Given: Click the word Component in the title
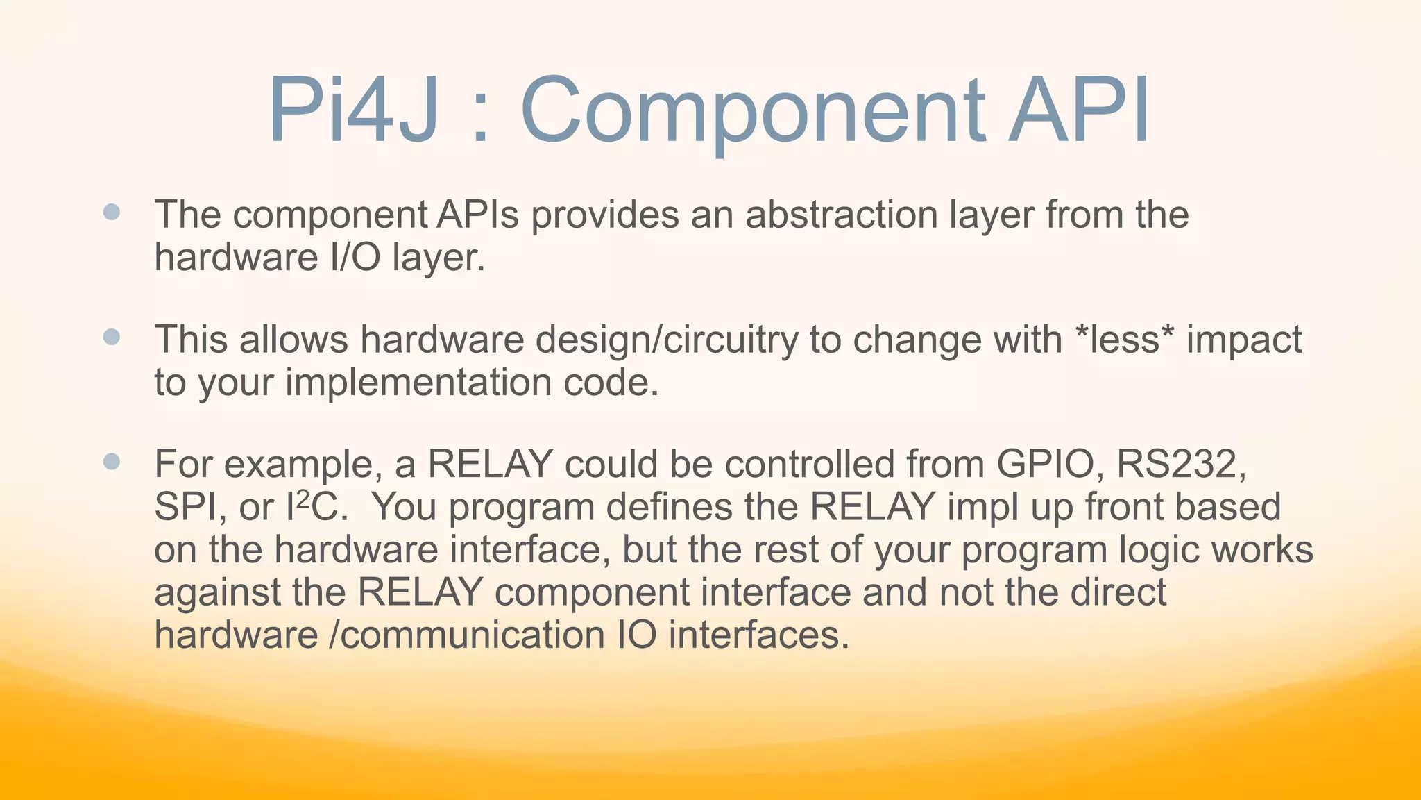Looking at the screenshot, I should coord(752,111).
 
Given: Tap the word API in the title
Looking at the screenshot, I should coord(1080,111).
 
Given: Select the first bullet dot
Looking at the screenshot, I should coord(112,212).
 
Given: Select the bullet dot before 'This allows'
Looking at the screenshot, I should coord(112,337).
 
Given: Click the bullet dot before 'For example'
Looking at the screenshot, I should coord(112,462).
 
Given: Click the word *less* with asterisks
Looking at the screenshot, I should coord(1123,340).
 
